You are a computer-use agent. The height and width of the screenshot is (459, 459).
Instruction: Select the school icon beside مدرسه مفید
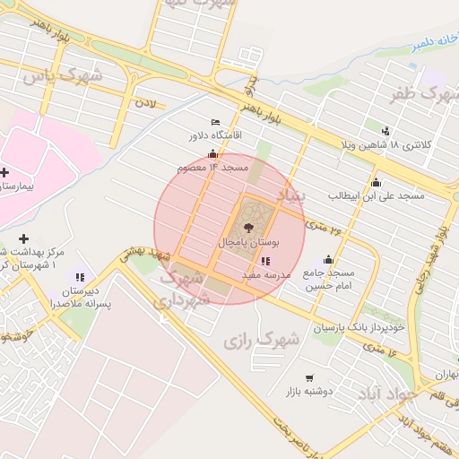tap(264, 261)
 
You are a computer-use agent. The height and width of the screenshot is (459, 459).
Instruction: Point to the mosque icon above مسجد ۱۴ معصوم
tap(212, 154)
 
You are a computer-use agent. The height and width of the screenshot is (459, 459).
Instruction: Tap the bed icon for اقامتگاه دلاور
tap(214, 122)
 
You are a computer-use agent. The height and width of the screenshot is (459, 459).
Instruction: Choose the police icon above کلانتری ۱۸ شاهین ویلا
tap(386, 131)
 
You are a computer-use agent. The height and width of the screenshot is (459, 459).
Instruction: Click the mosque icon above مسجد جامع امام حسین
tap(328, 260)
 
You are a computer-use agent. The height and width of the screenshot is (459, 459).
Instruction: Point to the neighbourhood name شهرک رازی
tap(260, 341)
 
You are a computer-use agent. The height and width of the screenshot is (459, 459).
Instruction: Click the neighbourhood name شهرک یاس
tap(62, 76)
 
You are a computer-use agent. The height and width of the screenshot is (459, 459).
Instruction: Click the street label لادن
tap(145, 104)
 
